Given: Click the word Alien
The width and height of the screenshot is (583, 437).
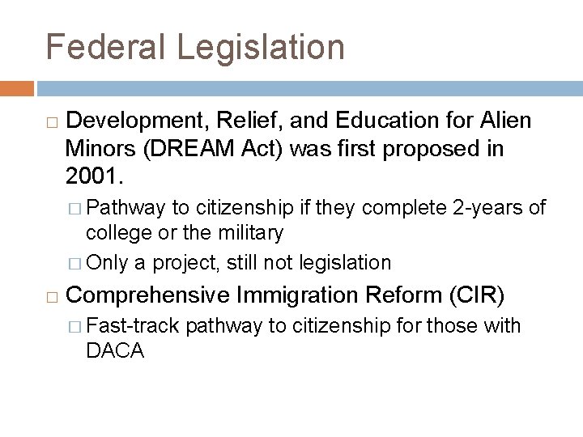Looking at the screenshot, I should [505, 121].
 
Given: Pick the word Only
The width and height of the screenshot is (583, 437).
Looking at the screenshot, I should [105, 263].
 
